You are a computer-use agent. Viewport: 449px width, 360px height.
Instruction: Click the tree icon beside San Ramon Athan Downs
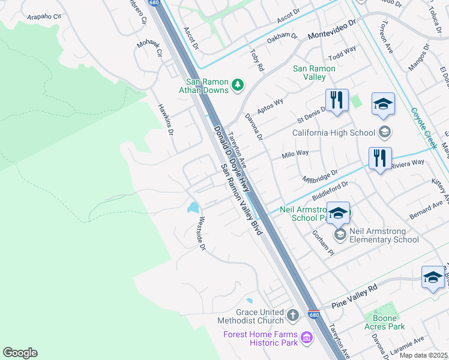pos(238,85)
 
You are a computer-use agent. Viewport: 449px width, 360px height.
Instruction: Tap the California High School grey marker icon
pos(385,133)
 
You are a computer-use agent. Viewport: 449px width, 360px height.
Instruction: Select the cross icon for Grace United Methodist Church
pos(292,316)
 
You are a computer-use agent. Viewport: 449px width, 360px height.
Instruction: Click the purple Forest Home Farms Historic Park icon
pos(307,338)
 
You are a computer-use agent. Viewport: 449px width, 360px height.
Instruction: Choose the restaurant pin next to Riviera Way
pos(380,158)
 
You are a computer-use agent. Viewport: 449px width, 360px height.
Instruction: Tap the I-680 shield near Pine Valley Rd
pos(313,314)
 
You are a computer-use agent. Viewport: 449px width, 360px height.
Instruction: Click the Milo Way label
pos(295,154)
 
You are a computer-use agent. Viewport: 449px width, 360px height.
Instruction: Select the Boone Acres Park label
pos(384,322)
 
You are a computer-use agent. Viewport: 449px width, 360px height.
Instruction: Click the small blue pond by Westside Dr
pos(193,208)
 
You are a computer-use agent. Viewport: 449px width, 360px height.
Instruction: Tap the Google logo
pos(20,353)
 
